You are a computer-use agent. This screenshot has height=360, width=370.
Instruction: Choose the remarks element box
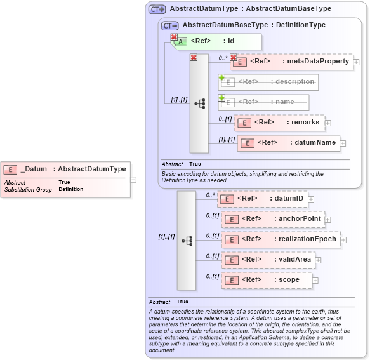tap(280, 123)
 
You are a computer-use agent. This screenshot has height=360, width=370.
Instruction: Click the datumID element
tap(263, 199)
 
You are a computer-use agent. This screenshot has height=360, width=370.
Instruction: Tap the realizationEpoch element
tap(281, 239)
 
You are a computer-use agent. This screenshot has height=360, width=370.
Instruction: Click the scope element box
tap(266, 280)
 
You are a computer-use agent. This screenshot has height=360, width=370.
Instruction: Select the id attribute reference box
tap(216, 41)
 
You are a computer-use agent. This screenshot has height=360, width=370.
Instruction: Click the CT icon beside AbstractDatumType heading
tap(157, 9)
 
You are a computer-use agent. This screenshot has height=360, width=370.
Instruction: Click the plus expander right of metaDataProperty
tap(357, 62)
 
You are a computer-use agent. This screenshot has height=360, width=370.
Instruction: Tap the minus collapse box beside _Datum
tap(133, 180)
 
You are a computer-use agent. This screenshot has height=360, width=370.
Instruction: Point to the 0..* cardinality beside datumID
tap(211, 195)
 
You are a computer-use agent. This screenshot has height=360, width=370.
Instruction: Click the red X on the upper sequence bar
tap(194, 58)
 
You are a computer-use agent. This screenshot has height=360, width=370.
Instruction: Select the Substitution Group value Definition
tap(70, 189)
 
